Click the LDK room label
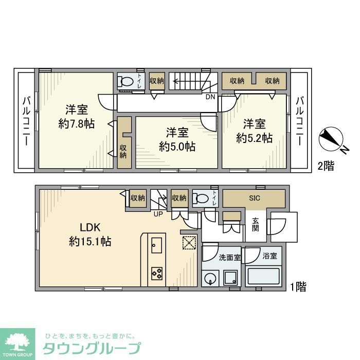(90, 227)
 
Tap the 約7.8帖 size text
(77, 123)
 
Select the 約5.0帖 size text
(177, 146)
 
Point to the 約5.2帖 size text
(254, 138)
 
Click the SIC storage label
(254, 198)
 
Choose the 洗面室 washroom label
(229, 258)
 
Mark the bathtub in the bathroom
(264, 277)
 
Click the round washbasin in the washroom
(210, 279)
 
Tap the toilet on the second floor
(125, 81)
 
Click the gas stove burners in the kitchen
(157, 273)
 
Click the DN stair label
(210, 97)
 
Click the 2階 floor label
(325, 166)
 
